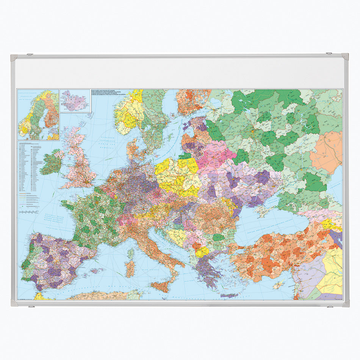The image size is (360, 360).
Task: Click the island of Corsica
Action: (x=131, y=253)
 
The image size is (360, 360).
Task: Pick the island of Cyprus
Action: (x=279, y=284)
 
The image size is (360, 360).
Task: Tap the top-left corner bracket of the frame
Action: (x=14, y=58)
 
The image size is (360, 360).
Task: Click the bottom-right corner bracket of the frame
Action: (x=345, y=303)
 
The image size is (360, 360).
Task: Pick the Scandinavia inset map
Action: (x=38, y=114)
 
